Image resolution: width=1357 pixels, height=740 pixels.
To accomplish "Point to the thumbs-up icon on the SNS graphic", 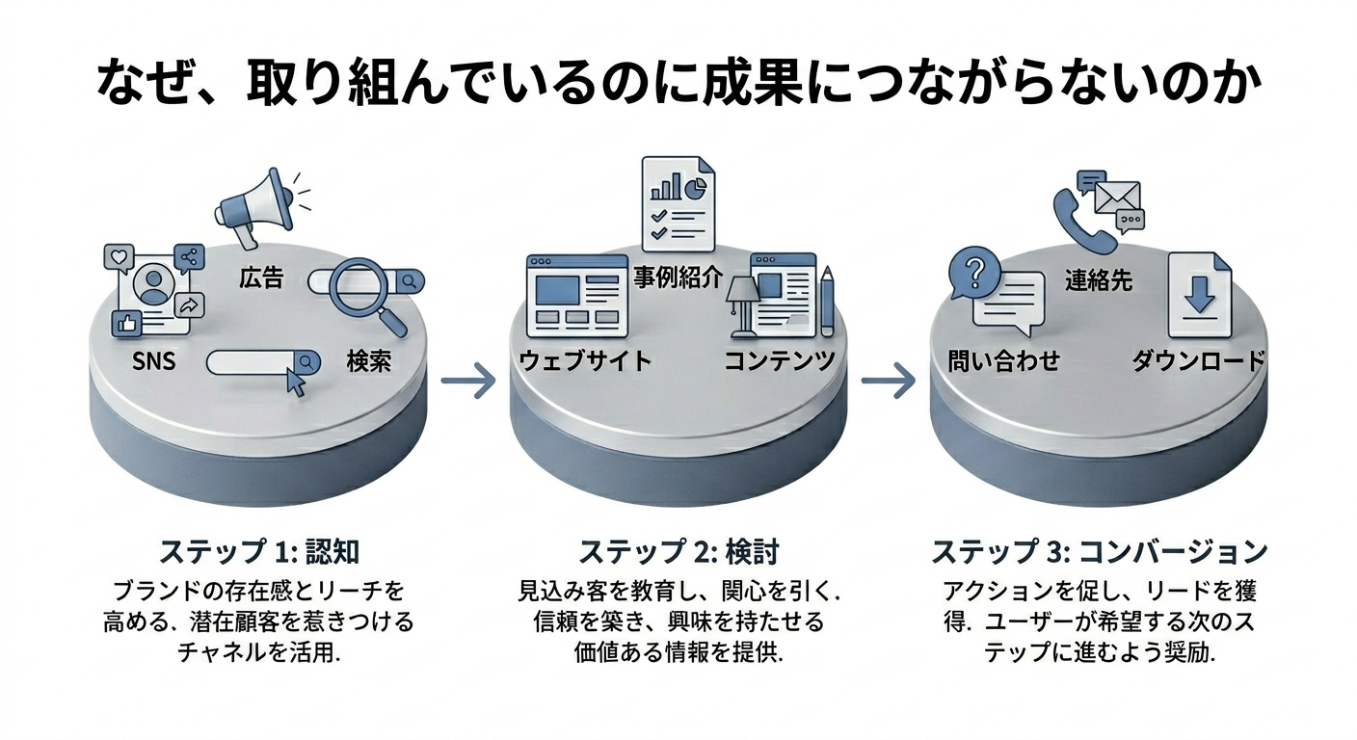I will point(126,323).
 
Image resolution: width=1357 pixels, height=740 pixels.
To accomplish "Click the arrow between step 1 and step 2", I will point(467,382).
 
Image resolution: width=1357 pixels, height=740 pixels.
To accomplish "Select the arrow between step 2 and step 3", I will point(887,382).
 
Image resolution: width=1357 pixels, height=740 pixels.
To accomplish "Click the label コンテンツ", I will point(780,361).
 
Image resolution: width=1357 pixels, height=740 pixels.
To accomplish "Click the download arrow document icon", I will point(1199,294).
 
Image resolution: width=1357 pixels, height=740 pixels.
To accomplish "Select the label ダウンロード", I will point(1198,361).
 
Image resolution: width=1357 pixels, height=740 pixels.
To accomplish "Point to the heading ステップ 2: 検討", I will point(678,552).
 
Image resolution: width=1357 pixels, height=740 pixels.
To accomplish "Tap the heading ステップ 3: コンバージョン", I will point(1099,552).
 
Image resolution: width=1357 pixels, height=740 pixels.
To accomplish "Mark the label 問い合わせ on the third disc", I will point(1003,361).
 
